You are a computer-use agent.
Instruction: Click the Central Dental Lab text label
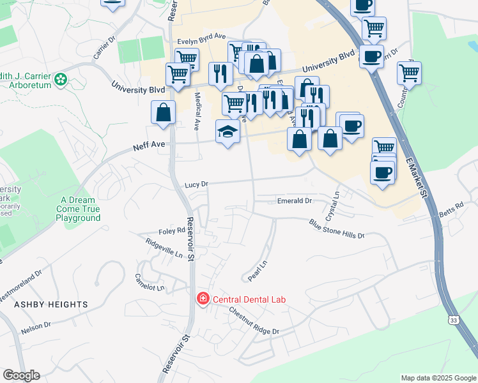click(x=249, y=299)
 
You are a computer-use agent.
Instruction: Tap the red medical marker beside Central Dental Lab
click(x=203, y=299)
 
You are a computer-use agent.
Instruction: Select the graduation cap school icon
click(x=227, y=131)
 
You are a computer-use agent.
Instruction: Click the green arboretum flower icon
click(x=61, y=80)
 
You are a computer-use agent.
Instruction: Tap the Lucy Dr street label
click(x=196, y=184)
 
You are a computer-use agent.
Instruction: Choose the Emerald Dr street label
click(x=294, y=200)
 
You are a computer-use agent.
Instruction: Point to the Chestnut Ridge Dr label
click(x=254, y=322)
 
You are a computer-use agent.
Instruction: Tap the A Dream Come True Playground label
click(x=78, y=209)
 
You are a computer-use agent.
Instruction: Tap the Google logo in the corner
click(x=21, y=375)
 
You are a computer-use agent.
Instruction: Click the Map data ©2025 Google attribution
click(x=438, y=378)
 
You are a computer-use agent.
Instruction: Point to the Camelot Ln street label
click(x=149, y=282)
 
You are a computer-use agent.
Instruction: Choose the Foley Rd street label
click(x=171, y=231)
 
